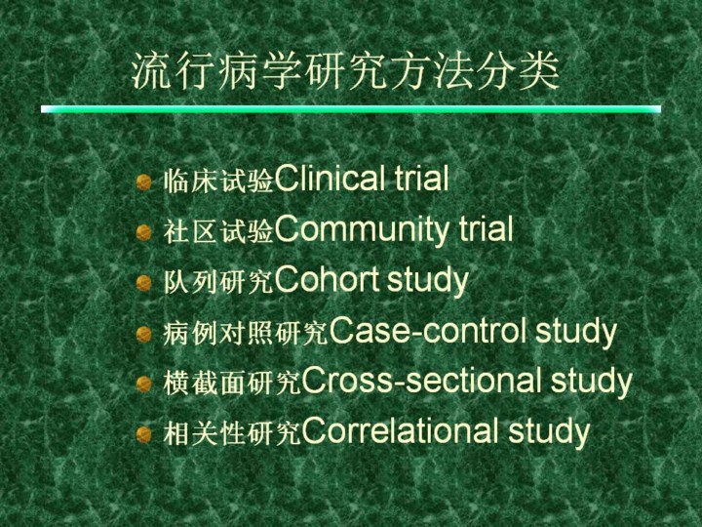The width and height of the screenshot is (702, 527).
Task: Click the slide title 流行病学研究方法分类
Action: tap(345, 71)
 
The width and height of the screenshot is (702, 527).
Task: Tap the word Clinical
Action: tap(331, 178)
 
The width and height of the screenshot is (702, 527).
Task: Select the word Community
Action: tap(362, 230)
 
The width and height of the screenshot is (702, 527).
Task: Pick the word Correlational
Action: tap(400, 430)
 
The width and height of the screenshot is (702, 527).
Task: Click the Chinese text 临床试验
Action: tap(218, 181)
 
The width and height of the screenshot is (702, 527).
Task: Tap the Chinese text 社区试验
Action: tap(218, 231)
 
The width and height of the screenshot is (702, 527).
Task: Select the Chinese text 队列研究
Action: tap(218, 282)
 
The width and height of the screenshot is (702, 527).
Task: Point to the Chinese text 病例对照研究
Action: tap(246, 334)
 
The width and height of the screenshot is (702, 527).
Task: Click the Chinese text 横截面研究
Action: tap(232, 384)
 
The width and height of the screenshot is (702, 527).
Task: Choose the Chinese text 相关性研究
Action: tap(232, 433)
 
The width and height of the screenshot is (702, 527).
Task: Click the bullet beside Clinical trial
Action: tap(143, 182)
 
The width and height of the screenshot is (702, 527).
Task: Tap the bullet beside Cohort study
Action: tap(143, 283)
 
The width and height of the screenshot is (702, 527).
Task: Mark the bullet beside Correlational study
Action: tap(143, 434)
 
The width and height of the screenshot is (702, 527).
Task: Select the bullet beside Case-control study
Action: tap(143, 335)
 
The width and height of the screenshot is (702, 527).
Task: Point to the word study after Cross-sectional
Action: tap(592, 383)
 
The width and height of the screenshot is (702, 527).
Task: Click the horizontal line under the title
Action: tap(351, 109)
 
